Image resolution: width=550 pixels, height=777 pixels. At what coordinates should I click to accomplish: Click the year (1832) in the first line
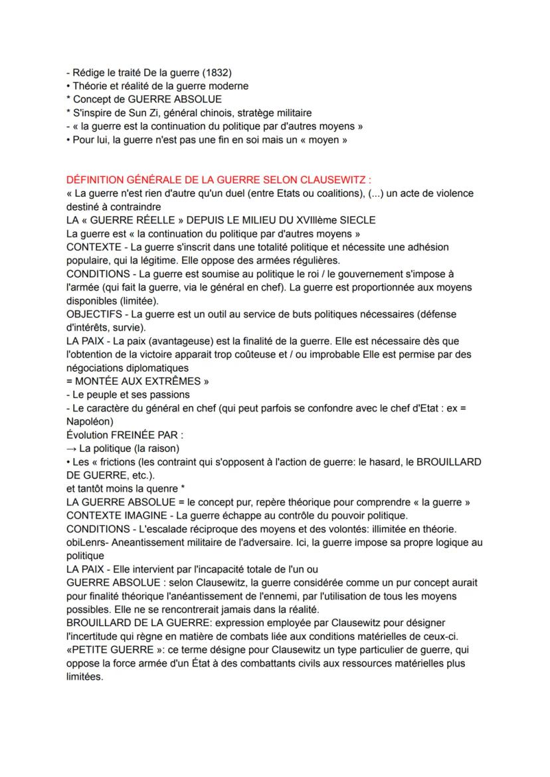[217, 72]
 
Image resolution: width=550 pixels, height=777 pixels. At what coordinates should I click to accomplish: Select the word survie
[128, 327]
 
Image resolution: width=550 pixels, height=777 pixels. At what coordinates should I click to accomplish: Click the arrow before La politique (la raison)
[71, 448]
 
